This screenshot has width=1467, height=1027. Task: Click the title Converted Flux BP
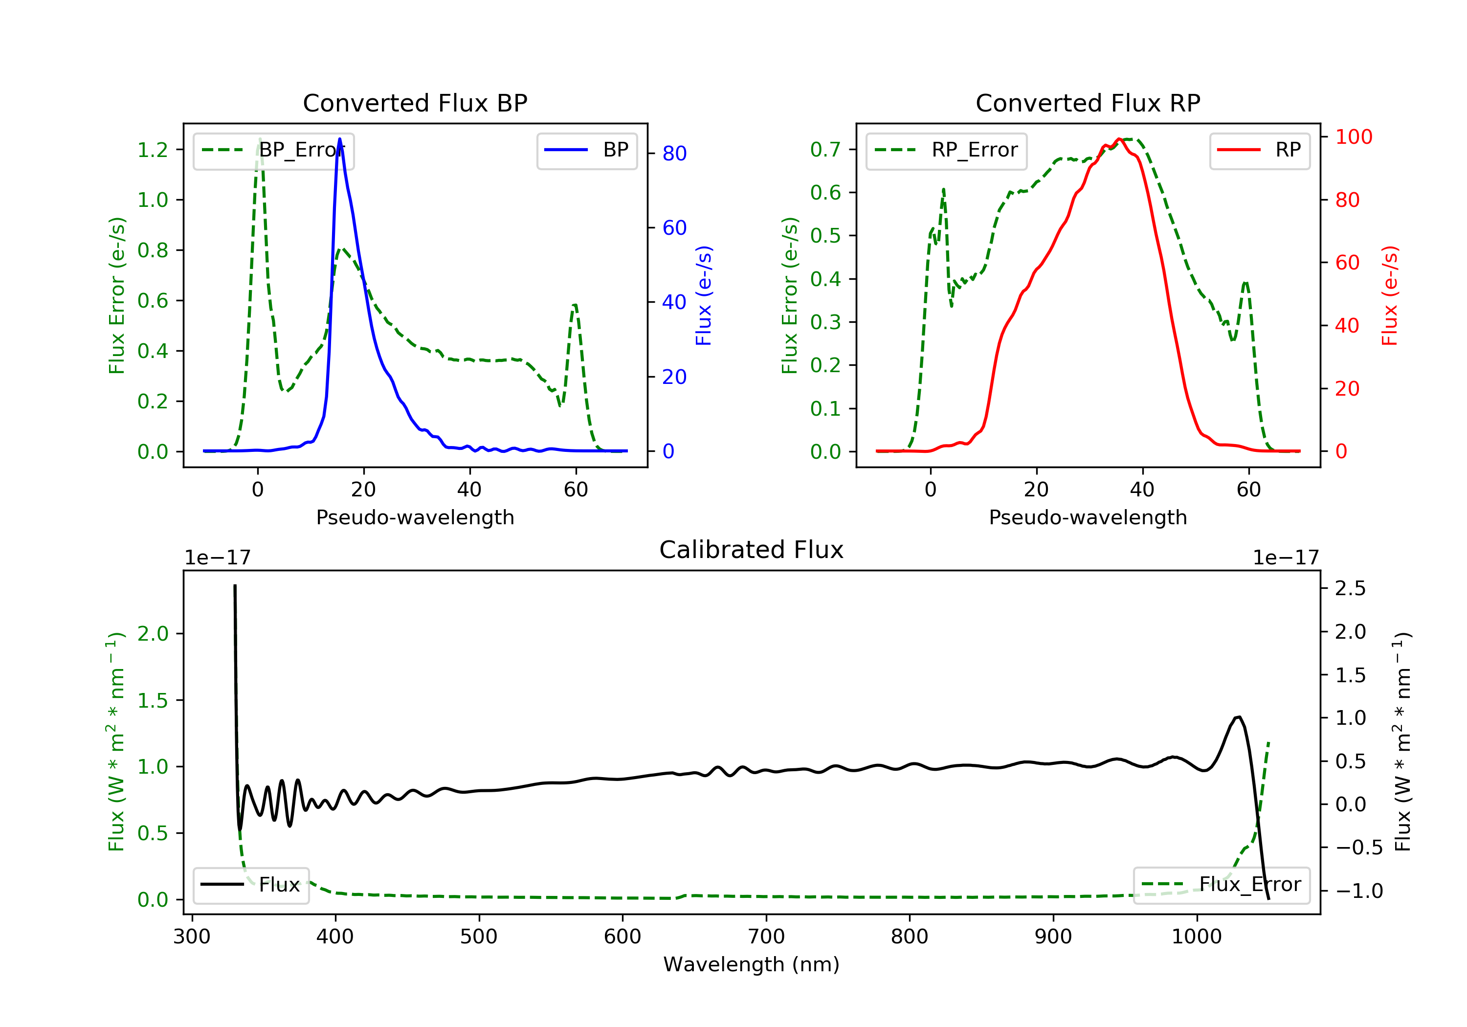tap(415, 103)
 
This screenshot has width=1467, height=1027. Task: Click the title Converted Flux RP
tap(1088, 103)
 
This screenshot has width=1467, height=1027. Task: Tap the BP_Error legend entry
tap(273, 151)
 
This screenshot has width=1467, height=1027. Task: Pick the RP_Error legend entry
tap(946, 151)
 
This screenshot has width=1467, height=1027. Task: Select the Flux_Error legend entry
tap(1221, 885)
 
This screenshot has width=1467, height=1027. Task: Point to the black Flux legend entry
tap(251, 885)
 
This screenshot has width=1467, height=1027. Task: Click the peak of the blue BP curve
tap(339, 139)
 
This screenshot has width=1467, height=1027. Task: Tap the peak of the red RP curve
tap(1119, 139)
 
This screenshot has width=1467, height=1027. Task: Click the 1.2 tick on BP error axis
tap(153, 150)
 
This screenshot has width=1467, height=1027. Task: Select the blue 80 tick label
tap(674, 154)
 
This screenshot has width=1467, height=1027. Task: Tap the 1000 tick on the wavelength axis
tap(1196, 937)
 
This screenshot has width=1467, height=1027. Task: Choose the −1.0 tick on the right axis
tap(1358, 891)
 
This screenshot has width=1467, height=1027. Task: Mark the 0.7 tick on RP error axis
tap(825, 150)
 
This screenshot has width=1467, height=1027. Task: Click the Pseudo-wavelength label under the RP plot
tap(1088, 517)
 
